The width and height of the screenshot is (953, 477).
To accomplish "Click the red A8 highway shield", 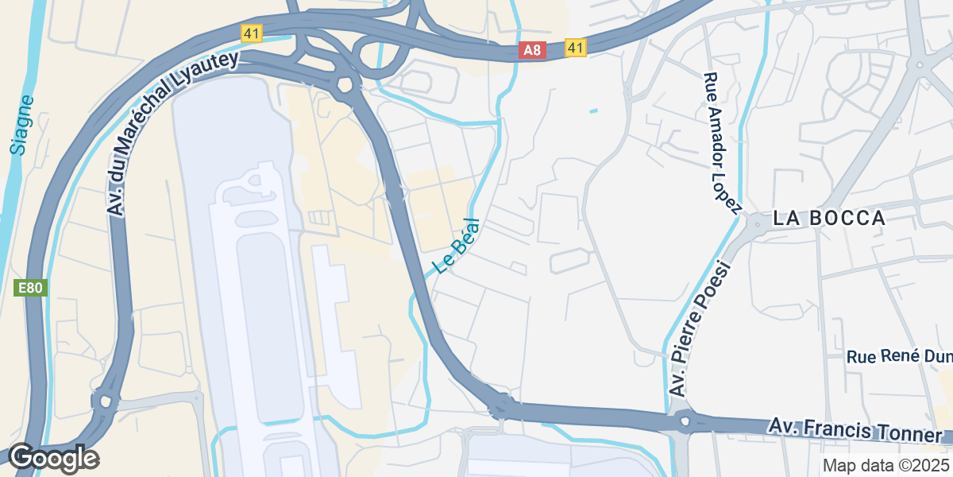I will point(532,50).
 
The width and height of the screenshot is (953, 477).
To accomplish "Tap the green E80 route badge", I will point(31,288).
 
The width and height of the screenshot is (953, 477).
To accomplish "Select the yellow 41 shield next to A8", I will point(576,48).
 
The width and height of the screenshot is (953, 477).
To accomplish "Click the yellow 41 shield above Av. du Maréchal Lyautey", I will point(252,33).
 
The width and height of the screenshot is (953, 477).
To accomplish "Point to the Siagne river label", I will point(22,124).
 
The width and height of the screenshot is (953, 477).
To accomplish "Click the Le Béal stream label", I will point(457,246).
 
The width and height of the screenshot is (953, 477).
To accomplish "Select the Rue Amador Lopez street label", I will point(721,144).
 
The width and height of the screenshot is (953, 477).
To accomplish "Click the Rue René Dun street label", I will point(897,356).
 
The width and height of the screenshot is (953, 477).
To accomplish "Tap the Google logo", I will point(53,459).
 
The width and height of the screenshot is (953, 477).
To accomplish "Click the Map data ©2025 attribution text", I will point(885,465).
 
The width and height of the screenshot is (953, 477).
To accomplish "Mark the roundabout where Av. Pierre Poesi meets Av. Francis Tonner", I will point(683,421).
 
